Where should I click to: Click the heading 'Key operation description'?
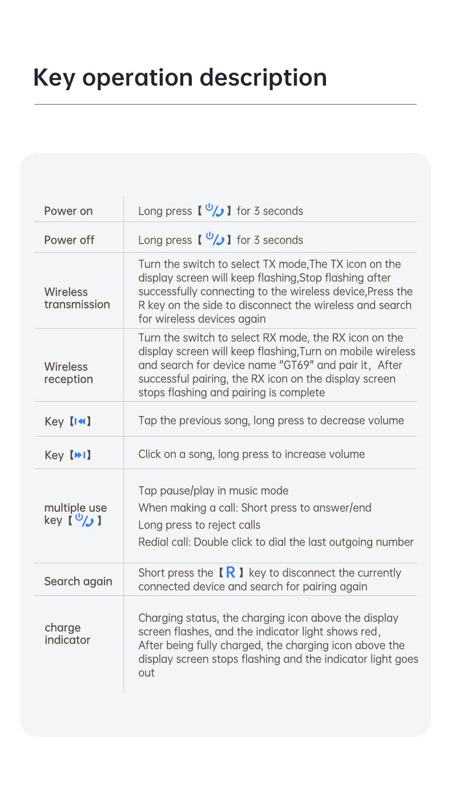180,78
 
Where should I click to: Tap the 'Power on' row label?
69,211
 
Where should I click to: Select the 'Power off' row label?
69,240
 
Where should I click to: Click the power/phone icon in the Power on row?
215,211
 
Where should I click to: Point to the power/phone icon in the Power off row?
215,240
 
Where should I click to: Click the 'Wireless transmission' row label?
76,298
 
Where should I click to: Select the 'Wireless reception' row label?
69,373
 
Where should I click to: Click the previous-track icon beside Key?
80,422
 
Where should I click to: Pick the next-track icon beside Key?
80,455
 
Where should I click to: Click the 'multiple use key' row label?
75,514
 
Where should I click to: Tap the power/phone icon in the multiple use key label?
84,520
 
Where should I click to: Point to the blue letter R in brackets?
231,572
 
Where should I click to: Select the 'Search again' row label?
78,582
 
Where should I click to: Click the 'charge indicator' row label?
67,634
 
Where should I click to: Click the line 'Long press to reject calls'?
199,525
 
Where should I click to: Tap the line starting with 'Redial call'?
276,542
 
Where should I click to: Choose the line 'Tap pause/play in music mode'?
214,491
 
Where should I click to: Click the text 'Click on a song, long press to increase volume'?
251,454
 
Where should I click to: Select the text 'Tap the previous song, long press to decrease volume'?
271,421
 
